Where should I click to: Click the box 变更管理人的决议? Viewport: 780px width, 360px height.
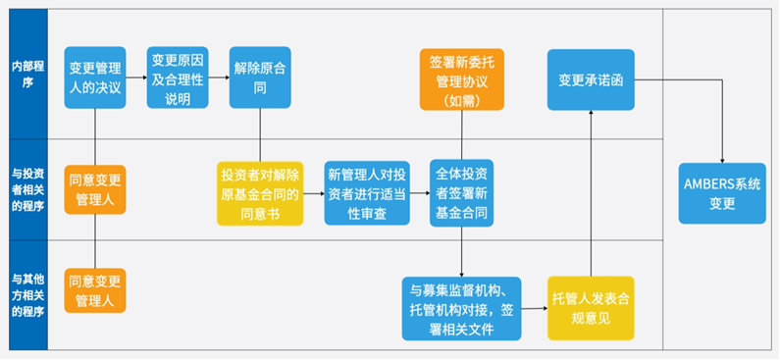point(95,77)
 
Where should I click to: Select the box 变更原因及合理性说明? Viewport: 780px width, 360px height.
point(178,77)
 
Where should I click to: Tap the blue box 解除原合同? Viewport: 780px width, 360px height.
point(259,77)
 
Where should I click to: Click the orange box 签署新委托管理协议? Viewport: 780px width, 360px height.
point(460,79)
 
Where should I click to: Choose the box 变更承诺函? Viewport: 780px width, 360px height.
point(591,79)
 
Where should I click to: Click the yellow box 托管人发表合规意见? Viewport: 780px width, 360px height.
point(591,307)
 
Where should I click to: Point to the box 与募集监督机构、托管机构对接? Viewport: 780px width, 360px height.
point(459,307)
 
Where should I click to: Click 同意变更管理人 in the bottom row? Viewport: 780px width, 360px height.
point(95,290)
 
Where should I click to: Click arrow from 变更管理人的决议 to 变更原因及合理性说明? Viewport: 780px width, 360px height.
point(136,77)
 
